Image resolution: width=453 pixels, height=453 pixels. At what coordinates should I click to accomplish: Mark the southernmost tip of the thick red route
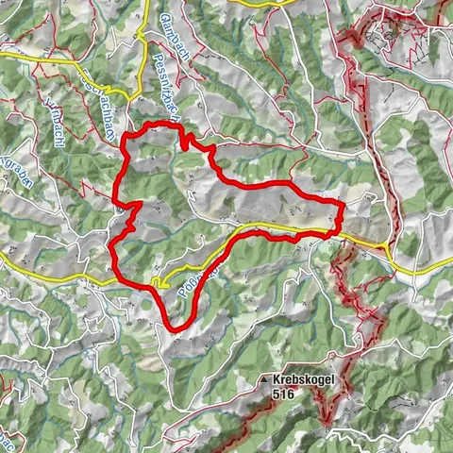[173, 328]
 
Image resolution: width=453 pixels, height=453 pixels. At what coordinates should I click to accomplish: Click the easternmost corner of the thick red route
[342, 203]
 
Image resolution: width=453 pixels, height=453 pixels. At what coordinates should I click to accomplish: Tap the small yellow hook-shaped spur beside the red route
[159, 282]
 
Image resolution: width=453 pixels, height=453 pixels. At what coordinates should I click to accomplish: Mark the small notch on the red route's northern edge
[188, 139]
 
